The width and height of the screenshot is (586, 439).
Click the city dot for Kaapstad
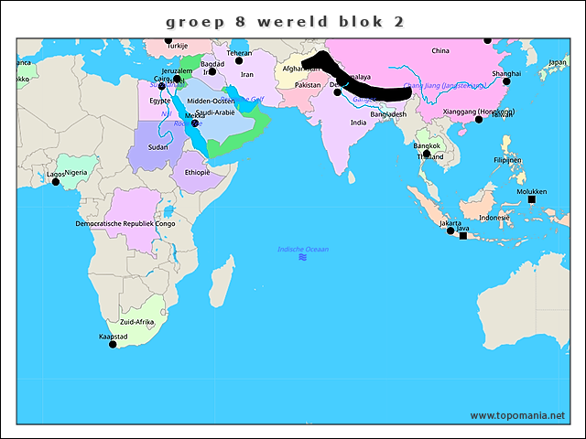pos(114,344)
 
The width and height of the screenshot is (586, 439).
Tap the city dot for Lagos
pos(55,181)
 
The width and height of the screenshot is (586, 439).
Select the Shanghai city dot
pos(506,80)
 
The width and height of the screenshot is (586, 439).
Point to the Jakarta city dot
pos(450,230)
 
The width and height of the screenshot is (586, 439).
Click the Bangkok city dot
pos(426,154)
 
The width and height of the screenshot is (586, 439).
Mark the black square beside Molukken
pos(532,199)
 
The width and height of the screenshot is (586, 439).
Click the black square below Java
pos(462,236)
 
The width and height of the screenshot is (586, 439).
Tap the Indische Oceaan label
pos(303,249)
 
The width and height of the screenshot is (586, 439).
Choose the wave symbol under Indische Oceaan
pos(302,258)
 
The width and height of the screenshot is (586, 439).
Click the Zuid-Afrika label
pos(136,322)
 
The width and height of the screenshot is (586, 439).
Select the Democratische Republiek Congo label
pos(125,223)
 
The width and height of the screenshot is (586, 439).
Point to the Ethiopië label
pos(197,172)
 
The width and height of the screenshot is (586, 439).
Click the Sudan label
pos(157,146)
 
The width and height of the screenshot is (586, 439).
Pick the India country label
pos(358,123)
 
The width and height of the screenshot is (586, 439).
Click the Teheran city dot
pos(238,60)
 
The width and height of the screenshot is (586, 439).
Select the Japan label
pos(557,62)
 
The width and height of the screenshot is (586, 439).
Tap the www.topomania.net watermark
pos(517,415)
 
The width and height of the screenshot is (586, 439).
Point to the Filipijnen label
pos(507,160)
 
